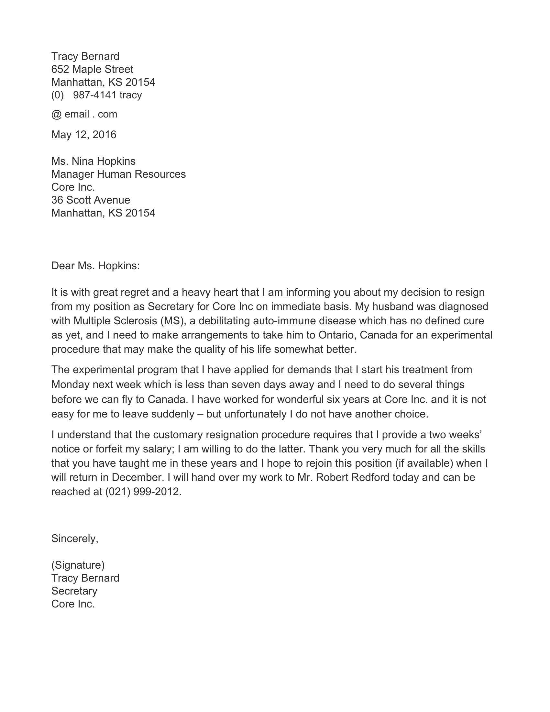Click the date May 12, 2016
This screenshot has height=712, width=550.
(x=84, y=135)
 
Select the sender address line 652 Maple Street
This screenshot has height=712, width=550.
(x=92, y=69)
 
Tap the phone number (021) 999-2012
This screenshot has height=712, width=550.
(x=143, y=491)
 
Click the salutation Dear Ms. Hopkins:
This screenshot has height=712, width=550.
(x=95, y=266)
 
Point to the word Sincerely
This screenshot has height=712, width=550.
(x=74, y=538)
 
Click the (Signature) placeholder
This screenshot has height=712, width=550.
(x=78, y=565)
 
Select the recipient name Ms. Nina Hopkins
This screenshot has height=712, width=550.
(x=93, y=161)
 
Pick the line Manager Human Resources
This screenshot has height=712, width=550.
(x=119, y=174)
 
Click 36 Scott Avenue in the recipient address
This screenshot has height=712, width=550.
(x=91, y=200)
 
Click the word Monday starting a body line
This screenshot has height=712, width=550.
(x=71, y=384)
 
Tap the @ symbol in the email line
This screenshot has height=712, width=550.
(x=56, y=115)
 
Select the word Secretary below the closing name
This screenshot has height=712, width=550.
(x=74, y=591)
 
